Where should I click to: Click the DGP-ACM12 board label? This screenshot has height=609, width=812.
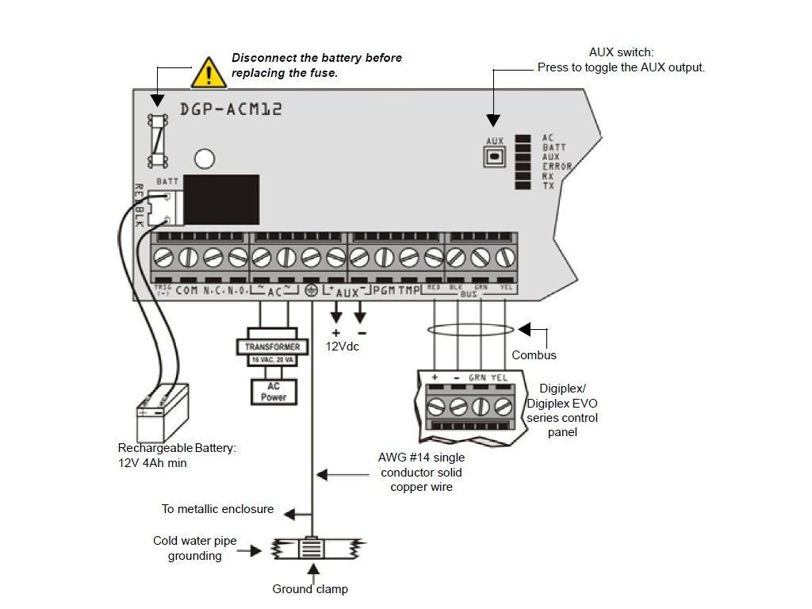coord(231,109)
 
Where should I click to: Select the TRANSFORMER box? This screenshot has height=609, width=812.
coord(272,347)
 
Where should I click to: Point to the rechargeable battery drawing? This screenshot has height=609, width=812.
coord(162,413)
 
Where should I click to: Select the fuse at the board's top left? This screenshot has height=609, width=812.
coord(159,140)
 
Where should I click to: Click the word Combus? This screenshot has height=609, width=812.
coord(534,355)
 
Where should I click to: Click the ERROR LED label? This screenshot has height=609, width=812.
coord(557,167)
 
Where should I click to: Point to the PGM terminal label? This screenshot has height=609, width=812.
coord(385,291)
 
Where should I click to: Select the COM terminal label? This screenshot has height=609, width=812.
coord(187,291)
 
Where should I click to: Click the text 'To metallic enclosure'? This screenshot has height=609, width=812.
coord(217,509)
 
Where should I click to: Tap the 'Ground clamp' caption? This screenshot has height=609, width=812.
coord(310,589)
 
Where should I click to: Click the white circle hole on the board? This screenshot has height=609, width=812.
coord(205,159)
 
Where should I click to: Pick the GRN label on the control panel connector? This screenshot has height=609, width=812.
coord(477,378)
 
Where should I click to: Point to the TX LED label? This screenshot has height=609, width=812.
coord(548,186)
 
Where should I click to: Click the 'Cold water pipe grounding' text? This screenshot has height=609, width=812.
coord(195,548)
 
